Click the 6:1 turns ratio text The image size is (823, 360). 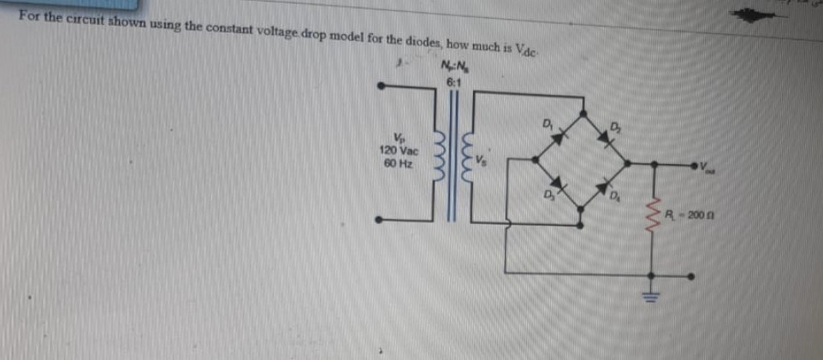coord(453,82)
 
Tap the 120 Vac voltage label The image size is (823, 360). coord(397,150)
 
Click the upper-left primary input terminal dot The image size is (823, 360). coord(383,85)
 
